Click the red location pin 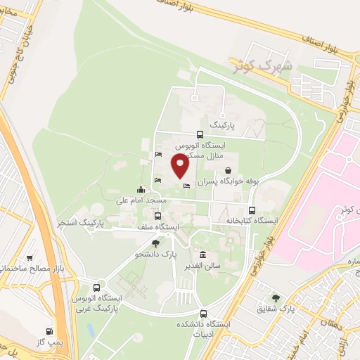(180, 166)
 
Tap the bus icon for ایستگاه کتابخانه (252, 210)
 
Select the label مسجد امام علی (143, 200)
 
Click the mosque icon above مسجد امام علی (141, 188)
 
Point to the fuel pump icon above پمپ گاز (49, 330)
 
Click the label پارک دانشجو (155, 254)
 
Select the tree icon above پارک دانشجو (155, 243)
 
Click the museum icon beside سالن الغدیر (203, 255)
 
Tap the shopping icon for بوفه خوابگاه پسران (229, 170)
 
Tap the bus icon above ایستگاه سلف (156, 216)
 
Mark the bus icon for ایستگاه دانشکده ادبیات (204, 314)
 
